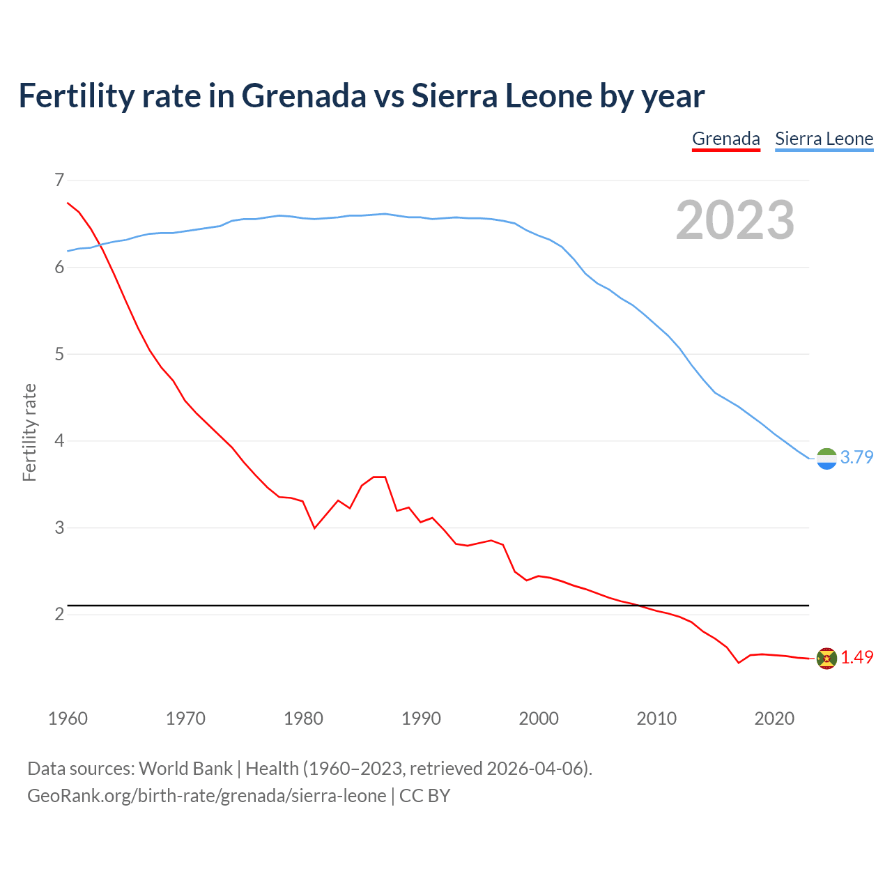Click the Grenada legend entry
(725, 139)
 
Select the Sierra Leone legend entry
(824, 139)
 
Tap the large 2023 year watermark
(735, 220)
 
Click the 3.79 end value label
(856, 457)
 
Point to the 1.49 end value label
(856, 657)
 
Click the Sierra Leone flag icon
(826, 459)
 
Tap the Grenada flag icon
(826, 658)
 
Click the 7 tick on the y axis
(59, 180)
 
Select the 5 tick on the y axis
(59, 354)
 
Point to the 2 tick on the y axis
(59, 614)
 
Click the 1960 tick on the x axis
(68, 718)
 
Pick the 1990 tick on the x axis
(421, 718)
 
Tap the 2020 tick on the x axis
(774, 718)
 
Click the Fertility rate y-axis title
(29, 432)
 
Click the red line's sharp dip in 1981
(315, 528)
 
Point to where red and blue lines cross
(102, 245)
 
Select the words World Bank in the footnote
(185, 769)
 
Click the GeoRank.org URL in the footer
(206, 796)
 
